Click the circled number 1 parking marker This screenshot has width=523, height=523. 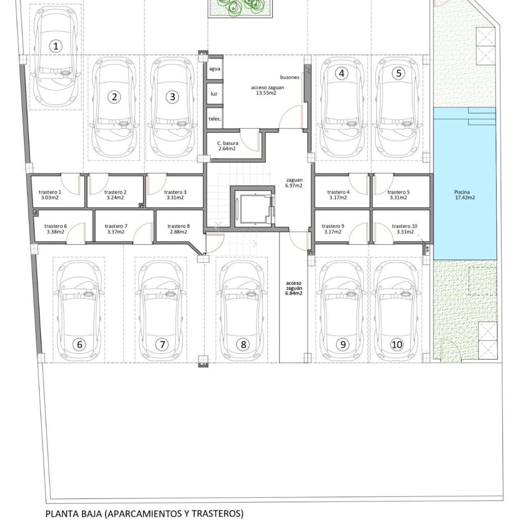point(56,46)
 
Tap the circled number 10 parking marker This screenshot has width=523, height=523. point(397,344)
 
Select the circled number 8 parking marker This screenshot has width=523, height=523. point(243,344)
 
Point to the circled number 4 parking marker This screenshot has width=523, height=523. point(342,73)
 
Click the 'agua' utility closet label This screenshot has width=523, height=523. point(215,69)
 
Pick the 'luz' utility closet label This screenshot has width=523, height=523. point(214,94)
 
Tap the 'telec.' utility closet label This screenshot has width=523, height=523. point(215,119)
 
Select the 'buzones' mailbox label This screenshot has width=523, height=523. point(290,77)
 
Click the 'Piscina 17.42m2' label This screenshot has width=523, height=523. point(464,195)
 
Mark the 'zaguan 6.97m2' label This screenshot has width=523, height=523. point(294,183)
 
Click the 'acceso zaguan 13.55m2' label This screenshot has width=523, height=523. point(267,90)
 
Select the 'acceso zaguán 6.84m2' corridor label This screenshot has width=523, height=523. point(294,288)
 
